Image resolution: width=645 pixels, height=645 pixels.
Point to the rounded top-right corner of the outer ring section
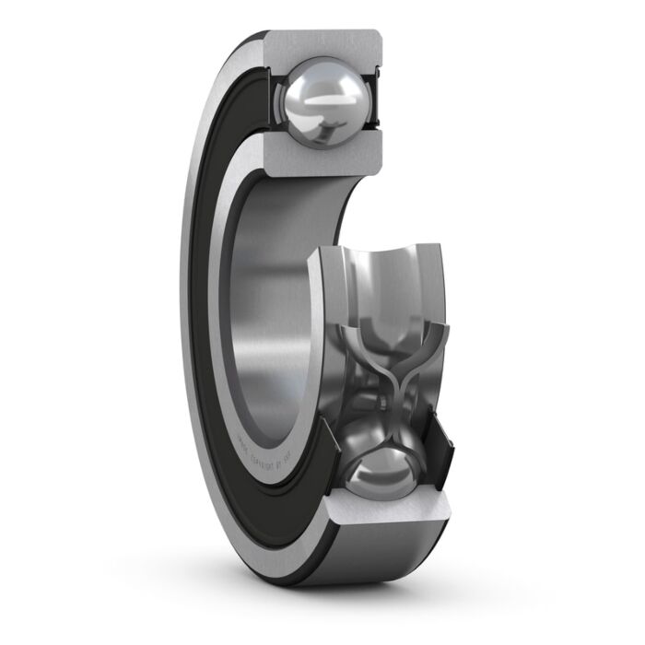point(376,39)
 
